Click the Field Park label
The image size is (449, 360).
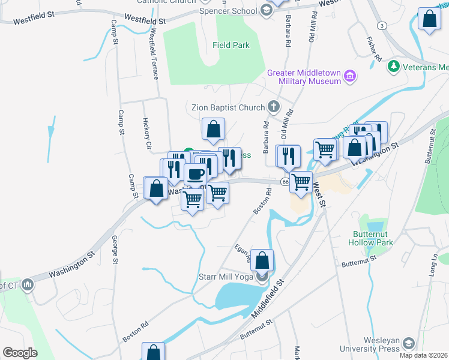click(231, 45)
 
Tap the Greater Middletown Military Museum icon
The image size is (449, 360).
click(351, 76)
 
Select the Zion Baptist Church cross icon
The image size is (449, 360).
click(274, 107)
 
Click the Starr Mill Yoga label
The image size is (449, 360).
click(225, 277)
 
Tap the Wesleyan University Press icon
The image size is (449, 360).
click(409, 343)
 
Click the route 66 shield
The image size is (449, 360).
click(285, 181)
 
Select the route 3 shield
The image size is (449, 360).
click(382, 25)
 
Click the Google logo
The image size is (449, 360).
click(20, 352)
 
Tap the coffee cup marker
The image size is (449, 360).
click(195, 175)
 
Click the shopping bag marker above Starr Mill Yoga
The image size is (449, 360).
click(262, 260)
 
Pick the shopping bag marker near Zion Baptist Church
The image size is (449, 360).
click(213, 128)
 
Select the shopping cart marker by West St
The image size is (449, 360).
click(301, 181)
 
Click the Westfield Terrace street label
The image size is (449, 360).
click(155, 55)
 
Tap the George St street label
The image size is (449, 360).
click(114, 250)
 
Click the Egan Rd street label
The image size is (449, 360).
click(242, 252)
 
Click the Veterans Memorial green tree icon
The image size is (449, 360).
click(394, 65)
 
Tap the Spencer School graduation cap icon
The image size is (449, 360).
click(266, 10)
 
